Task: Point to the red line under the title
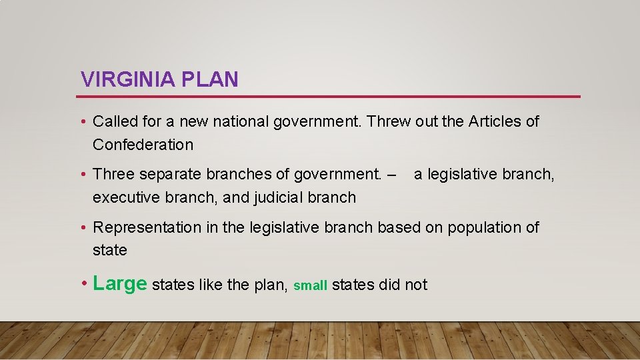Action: pos(330,97)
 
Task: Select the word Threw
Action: pos(389,121)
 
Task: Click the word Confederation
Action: pos(143,145)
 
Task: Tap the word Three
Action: pos(113,175)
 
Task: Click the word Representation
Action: pos(147,228)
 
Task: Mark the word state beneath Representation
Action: pos(109,251)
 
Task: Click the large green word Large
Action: pos(120,283)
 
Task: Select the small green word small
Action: pos(310,286)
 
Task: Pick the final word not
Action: pos(416,285)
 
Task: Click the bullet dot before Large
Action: pos(84,285)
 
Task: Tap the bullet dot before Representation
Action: pos(84,228)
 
